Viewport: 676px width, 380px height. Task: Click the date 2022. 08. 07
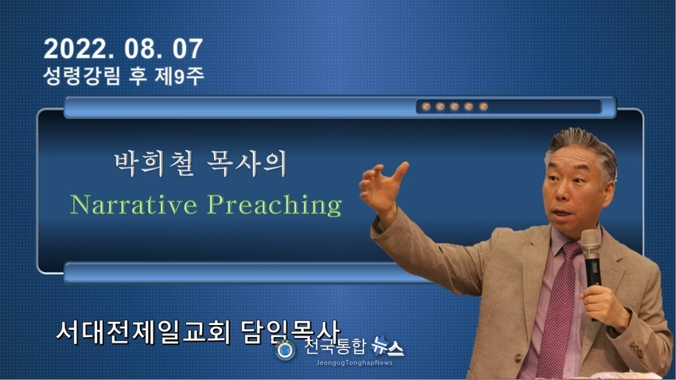122,48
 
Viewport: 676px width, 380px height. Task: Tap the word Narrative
134,204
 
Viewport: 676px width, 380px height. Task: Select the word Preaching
274,205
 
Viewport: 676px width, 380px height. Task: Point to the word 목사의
247,164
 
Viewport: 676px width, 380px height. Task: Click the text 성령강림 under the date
82,76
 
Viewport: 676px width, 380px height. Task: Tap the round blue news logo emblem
285,351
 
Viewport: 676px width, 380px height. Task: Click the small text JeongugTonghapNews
355,363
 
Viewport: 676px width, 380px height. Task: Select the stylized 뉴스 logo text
387,346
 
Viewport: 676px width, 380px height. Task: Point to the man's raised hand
383,188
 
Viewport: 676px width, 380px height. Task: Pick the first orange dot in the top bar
426,107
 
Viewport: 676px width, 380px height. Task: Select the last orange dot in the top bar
484,107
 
